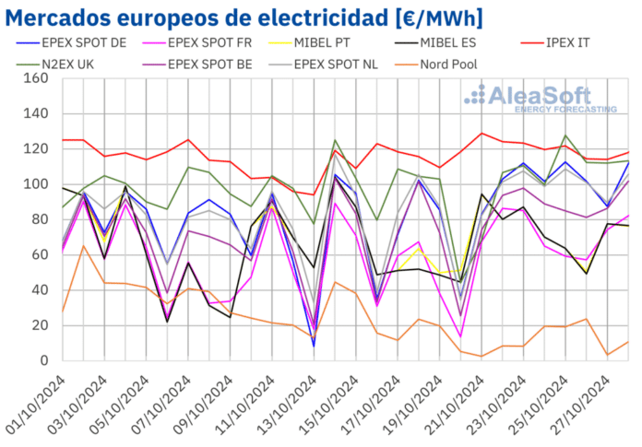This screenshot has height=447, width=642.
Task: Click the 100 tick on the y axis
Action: (35, 185)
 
